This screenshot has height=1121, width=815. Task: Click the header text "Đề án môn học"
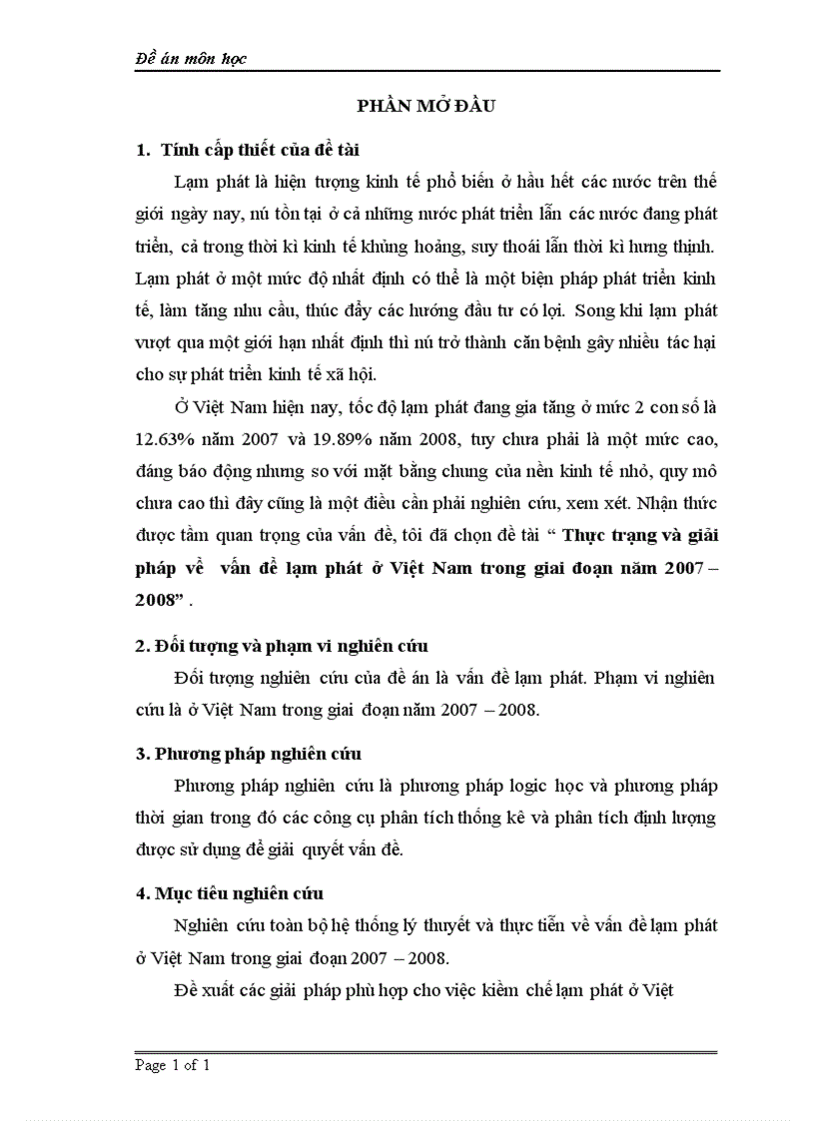(191, 59)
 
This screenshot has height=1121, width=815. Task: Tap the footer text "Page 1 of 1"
(172, 1066)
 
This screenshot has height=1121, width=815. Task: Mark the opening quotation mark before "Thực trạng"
(551, 534)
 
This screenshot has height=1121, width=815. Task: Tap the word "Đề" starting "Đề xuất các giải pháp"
(187, 991)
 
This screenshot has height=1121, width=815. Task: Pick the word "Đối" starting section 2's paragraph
(188, 679)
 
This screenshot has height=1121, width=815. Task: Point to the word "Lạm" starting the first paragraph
(191, 183)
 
